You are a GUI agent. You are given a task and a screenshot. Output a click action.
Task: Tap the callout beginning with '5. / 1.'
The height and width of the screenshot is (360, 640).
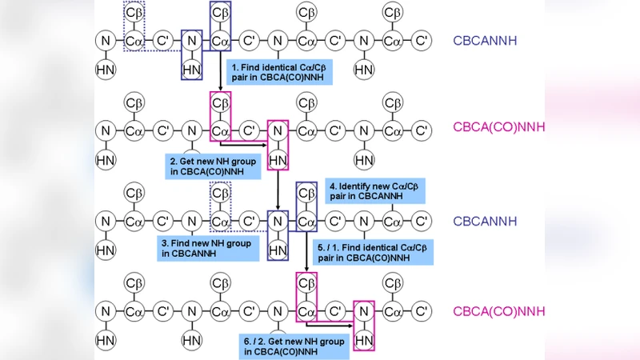[374, 252]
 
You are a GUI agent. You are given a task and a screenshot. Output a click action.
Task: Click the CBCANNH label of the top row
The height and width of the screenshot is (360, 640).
[484, 40]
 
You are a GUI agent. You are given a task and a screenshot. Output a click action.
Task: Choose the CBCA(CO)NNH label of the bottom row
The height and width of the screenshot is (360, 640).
[499, 311]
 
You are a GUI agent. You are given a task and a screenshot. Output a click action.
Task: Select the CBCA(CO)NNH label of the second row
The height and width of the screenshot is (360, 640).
[499, 127]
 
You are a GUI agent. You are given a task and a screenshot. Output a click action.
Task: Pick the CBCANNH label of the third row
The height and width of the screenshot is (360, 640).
[484, 222]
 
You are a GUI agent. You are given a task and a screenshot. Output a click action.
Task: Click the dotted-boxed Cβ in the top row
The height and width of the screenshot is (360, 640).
[134, 14]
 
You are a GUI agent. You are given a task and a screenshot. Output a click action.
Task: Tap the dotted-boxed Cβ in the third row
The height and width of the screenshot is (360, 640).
[220, 194]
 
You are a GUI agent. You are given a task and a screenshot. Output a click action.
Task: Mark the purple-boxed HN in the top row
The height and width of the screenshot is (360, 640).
[191, 70]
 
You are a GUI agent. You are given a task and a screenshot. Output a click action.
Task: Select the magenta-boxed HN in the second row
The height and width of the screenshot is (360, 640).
[278, 160]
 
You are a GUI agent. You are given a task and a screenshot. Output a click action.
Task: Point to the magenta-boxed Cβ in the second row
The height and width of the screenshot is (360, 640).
[220, 102]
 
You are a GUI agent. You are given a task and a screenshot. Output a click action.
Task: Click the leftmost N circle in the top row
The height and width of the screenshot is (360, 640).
[105, 40]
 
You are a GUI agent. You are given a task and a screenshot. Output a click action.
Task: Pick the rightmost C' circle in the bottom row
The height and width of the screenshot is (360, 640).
[422, 310]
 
